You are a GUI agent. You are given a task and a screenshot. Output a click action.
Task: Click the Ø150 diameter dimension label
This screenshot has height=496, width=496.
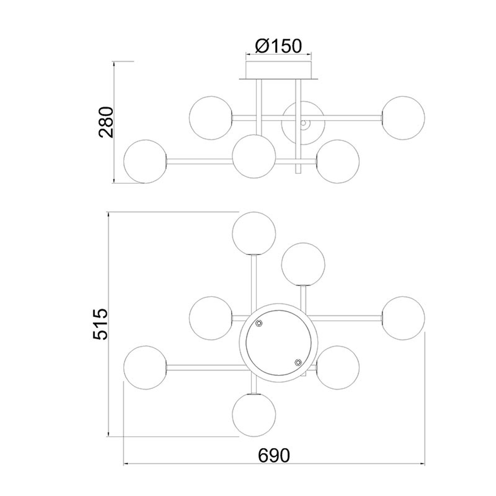pos(278,46)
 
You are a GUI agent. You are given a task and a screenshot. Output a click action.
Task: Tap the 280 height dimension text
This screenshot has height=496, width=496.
pos(106,122)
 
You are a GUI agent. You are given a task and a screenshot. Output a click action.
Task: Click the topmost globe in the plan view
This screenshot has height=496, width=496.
pos(254,234)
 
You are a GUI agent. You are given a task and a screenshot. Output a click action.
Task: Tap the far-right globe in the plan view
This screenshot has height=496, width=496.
pos(403,318)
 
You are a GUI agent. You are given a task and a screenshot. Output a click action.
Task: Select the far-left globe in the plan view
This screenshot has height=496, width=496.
pos(145,367)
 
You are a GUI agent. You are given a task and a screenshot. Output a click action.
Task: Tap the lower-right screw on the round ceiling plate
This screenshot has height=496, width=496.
pos(298,362)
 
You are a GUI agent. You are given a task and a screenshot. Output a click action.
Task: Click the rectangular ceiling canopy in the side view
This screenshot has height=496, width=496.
pos(278,70)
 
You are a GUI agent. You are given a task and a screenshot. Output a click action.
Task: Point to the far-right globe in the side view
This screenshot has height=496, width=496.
pos(403,118)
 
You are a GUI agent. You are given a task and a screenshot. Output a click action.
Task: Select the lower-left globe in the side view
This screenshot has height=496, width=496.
pos(145,161)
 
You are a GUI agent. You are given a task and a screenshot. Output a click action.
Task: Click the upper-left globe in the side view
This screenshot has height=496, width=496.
pos(211,118)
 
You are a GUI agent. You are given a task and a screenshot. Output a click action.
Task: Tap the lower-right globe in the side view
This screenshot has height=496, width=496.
pos(338,161)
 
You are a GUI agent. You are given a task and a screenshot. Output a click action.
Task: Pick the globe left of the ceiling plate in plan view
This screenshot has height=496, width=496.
pos(211,318)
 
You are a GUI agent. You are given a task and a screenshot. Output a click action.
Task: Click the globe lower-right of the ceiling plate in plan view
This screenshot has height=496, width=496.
pos(338,367)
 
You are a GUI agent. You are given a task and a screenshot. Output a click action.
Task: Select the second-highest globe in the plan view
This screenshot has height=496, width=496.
pos(303,264)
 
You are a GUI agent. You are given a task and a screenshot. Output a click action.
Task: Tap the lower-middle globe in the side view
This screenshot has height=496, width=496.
pos(254,156)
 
